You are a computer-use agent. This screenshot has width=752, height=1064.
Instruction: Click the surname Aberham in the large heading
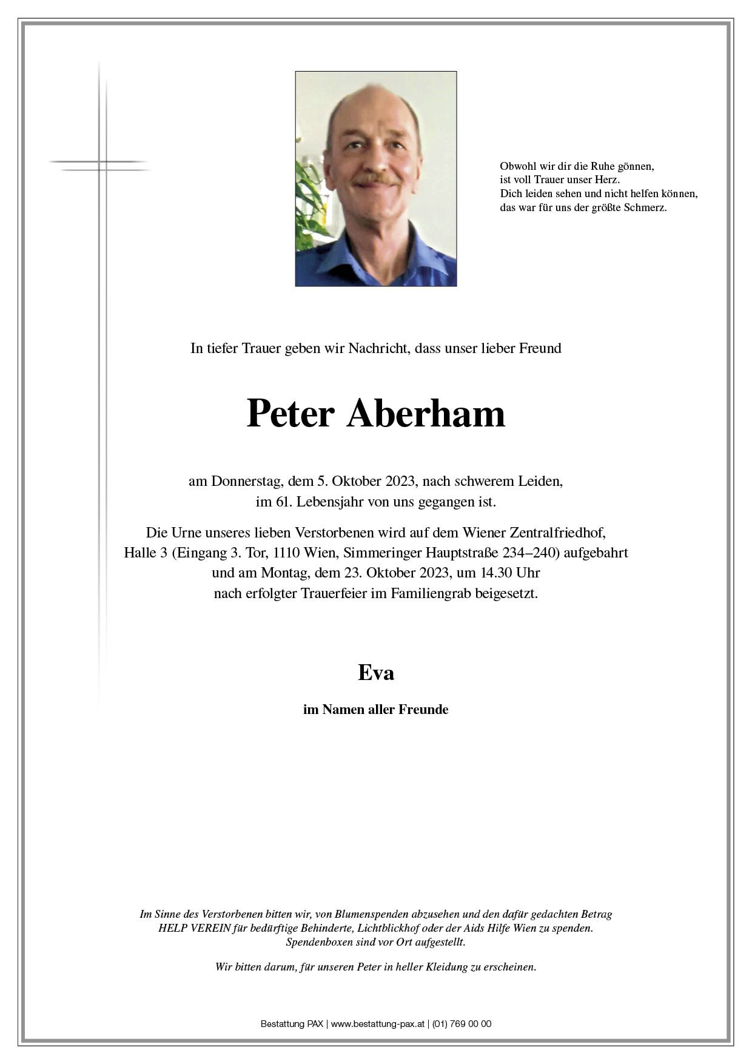pos(426,414)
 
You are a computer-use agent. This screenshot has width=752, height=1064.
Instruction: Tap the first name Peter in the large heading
pos(290,414)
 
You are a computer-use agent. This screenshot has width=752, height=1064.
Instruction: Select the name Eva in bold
pos(376,673)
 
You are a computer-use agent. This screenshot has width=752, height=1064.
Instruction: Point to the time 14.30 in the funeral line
pos(485,573)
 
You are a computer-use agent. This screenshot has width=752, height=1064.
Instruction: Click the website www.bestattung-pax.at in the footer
pos(377,1024)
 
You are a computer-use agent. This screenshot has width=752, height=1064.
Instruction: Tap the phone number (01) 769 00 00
pos(462,1024)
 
